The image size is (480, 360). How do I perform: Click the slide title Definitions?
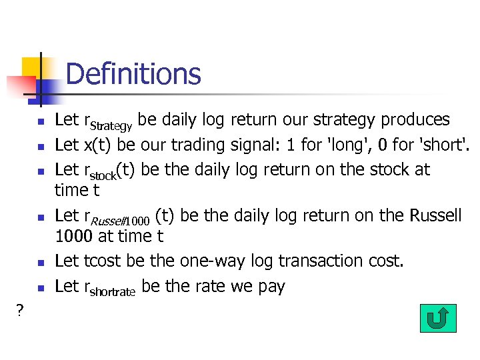pos(133,73)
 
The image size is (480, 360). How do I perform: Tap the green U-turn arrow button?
pos(438,319)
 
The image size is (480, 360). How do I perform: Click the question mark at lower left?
pos(20,310)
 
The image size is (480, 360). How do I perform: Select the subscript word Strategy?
pos(112,125)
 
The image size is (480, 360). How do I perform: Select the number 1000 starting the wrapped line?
pos(73,236)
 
